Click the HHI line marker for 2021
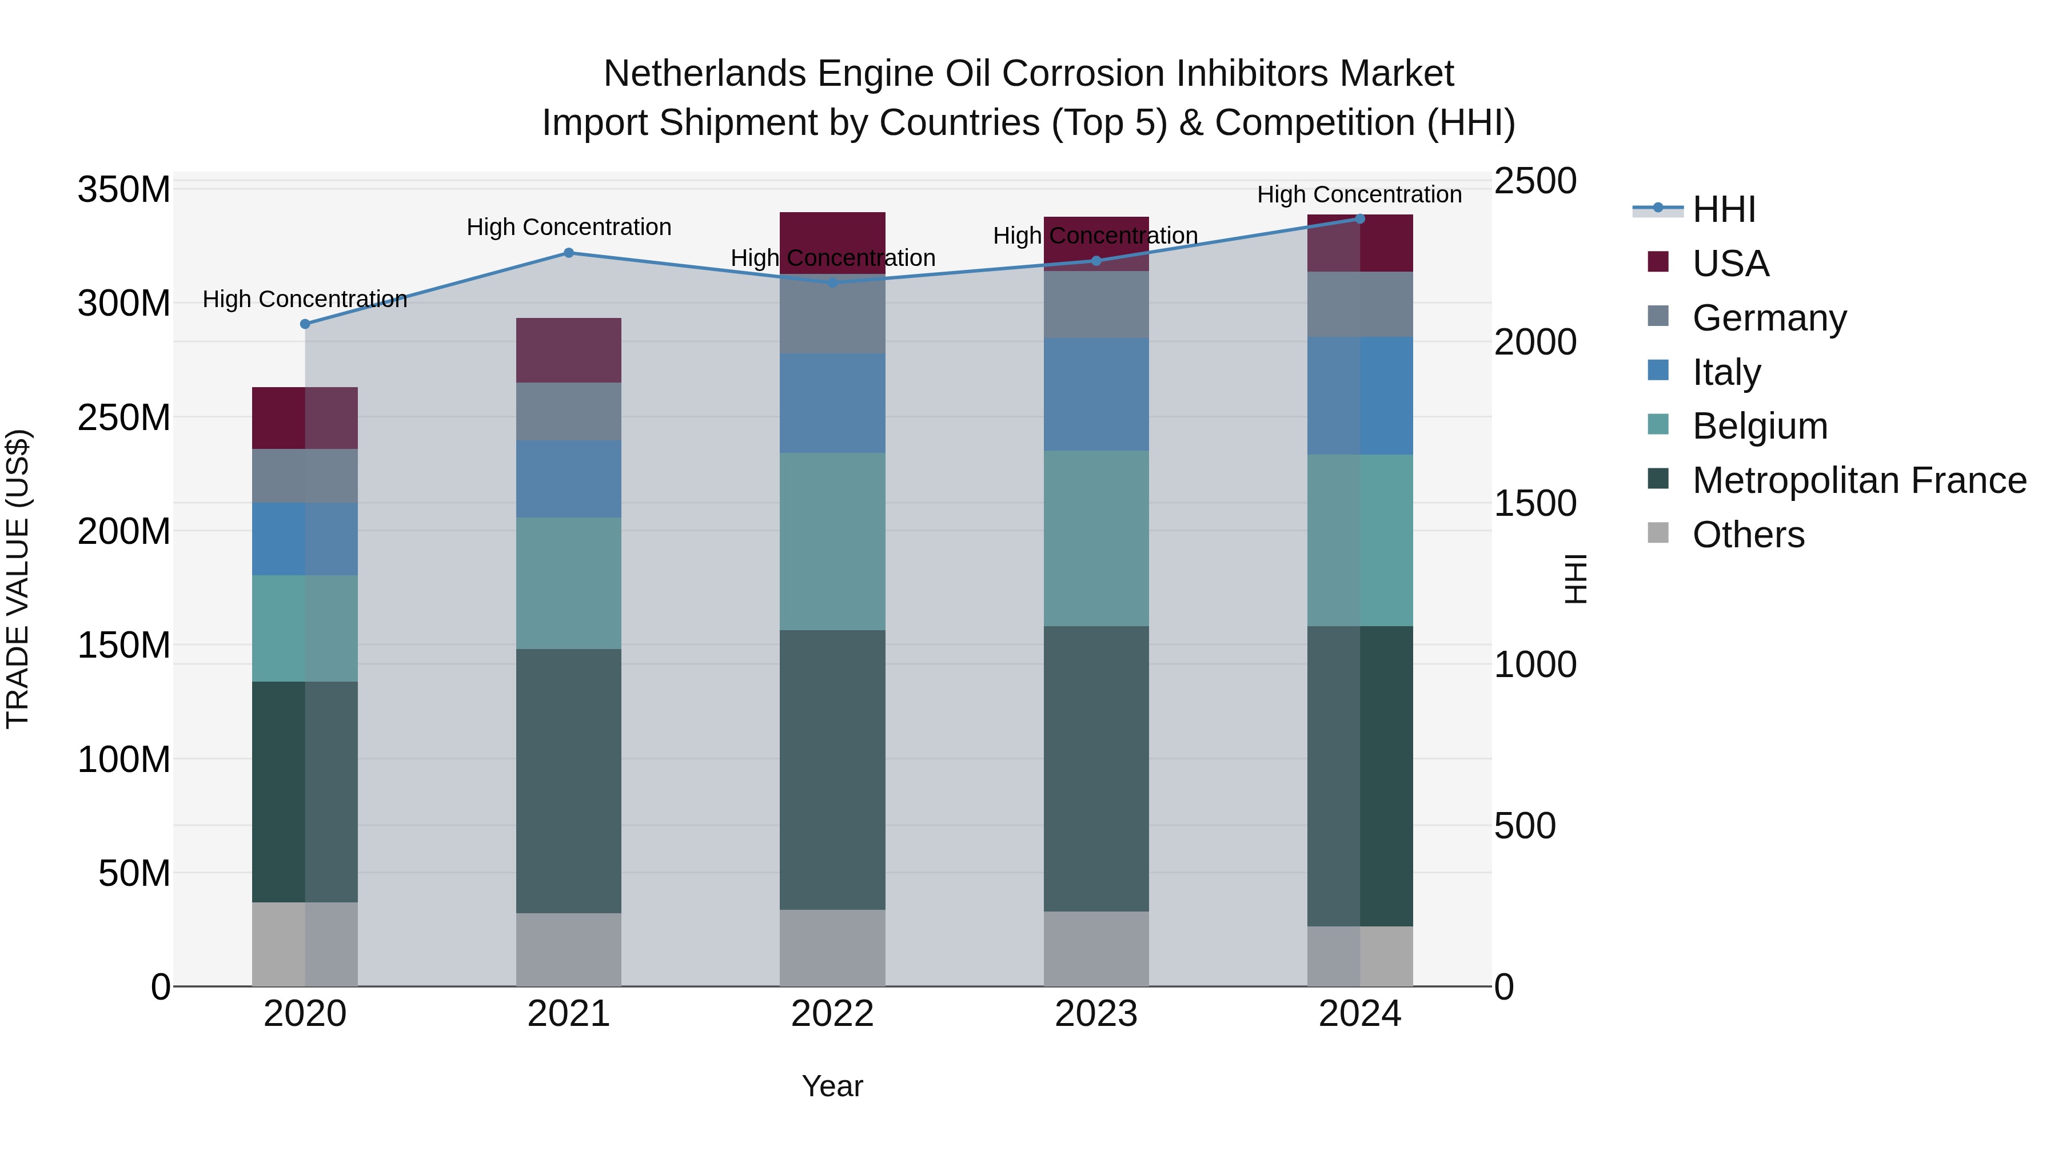(569, 253)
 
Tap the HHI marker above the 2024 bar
(1361, 219)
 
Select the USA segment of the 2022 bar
(832, 242)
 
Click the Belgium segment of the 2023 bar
(1096, 538)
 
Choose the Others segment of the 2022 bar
(832, 947)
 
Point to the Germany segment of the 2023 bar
(1096, 304)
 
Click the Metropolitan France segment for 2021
(569, 781)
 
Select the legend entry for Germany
(1769, 318)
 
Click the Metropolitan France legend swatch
(1658, 480)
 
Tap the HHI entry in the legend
(1723, 209)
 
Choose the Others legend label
(1748, 535)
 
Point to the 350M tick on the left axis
(124, 190)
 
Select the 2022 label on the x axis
(832, 1014)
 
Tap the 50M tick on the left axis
(133, 873)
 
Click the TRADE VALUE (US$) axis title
(18, 579)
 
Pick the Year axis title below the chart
(832, 1086)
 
